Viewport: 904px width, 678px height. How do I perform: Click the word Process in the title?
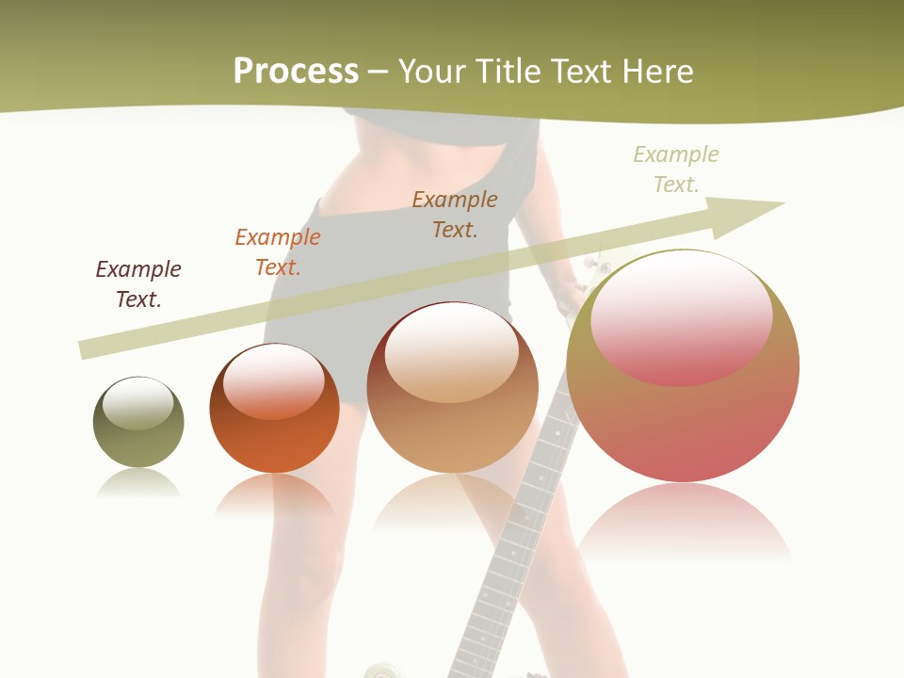[x=296, y=71]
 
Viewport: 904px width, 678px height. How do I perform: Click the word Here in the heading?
[x=658, y=71]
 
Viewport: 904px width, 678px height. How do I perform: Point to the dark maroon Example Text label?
[x=138, y=283]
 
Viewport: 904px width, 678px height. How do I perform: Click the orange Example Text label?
[x=278, y=251]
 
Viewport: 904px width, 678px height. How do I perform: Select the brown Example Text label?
[x=455, y=214]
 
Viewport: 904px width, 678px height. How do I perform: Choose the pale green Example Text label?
[x=676, y=169]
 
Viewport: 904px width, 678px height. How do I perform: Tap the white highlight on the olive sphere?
[x=138, y=403]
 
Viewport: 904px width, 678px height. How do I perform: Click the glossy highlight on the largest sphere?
[x=681, y=318]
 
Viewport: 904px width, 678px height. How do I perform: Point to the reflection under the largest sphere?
[x=683, y=523]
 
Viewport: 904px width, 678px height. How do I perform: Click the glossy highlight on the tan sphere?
[x=452, y=350]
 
